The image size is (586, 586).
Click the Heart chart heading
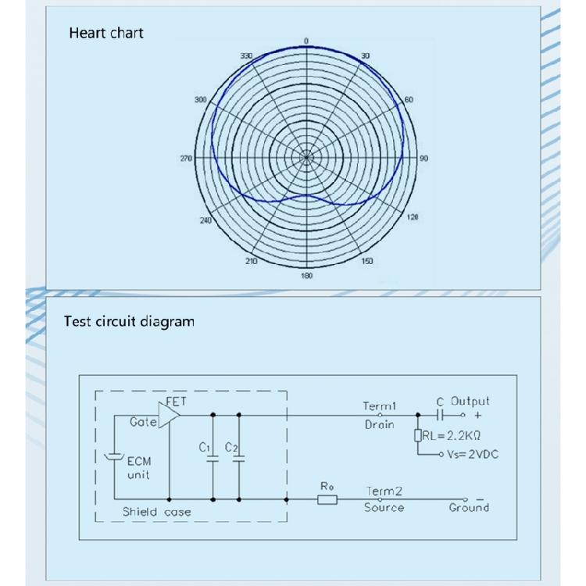pyautogui.click(x=106, y=33)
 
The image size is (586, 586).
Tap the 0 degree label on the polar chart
pyautogui.click(x=306, y=41)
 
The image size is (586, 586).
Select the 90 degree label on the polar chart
pyautogui.click(x=424, y=159)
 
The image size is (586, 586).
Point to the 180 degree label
pyautogui.click(x=307, y=276)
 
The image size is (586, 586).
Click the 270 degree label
pyautogui.click(x=186, y=159)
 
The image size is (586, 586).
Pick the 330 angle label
pyautogui.click(x=247, y=56)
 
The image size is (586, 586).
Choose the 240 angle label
pyautogui.click(x=205, y=221)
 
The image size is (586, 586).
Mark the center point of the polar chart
pyautogui.click(x=307, y=158)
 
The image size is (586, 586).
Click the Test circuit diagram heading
pyautogui.click(x=129, y=321)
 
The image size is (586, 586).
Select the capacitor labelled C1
pyautogui.click(x=212, y=459)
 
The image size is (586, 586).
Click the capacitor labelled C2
pyautogui.click(x=238, y=459)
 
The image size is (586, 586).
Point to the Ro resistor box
pyautogui.click(x=327, y=498)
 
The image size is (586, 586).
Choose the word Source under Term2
pyautogui.click(x=384, y=508)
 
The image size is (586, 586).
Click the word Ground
pyautogui.click(x=469, y=508)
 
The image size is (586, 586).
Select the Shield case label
pyautogui.click(x=156, y=513)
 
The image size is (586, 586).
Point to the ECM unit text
pyautogui.click(x=138, y=468)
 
